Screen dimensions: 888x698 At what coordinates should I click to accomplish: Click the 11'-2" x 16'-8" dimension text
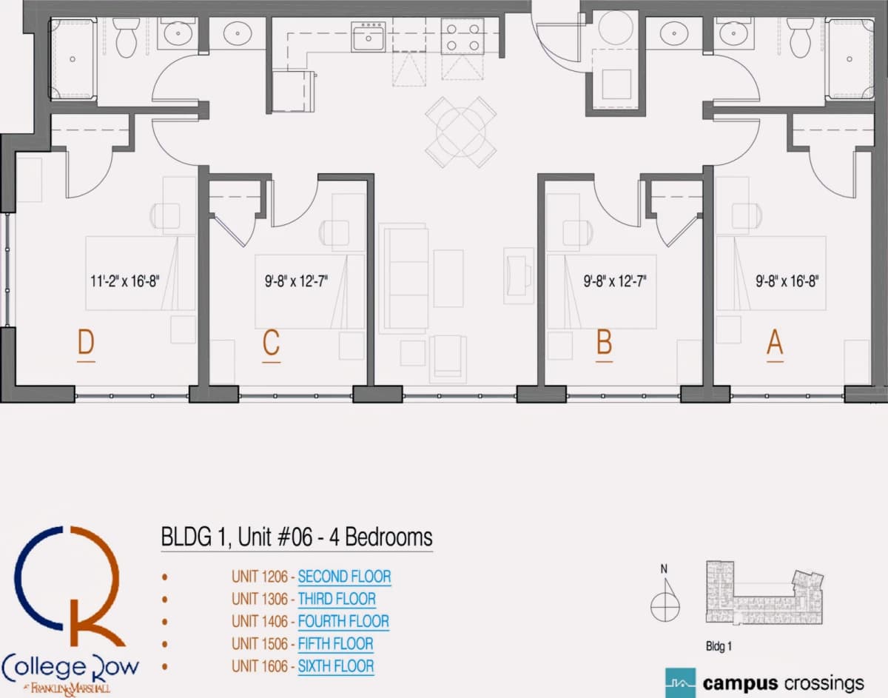click(124, 281)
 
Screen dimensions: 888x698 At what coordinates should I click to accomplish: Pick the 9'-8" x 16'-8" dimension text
click(787, 281)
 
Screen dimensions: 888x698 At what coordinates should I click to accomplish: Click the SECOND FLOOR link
click(345, 577)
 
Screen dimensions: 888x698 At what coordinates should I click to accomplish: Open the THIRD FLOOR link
click(337, 599)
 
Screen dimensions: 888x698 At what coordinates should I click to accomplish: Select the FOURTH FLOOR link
click(343, 622)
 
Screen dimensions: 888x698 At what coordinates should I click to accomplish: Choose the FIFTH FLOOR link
click(335, 644)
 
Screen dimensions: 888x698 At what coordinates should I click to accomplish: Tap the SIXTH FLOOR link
click(336, 666)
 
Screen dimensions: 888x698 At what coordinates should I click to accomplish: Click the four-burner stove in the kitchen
click(462, 36)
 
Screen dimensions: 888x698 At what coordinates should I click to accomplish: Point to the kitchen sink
click(369, 37)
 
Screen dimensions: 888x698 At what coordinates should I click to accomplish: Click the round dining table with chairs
click(460, 132)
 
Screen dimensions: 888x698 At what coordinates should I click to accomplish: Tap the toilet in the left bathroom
click(126, 37)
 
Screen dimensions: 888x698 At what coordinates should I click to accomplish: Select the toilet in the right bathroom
click(800, 37)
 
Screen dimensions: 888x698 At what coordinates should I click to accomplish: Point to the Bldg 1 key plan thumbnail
click(764, 593)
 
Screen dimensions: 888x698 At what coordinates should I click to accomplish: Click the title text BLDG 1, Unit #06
click(237, 537)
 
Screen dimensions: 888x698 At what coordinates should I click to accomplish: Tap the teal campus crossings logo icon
click(680, 683)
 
